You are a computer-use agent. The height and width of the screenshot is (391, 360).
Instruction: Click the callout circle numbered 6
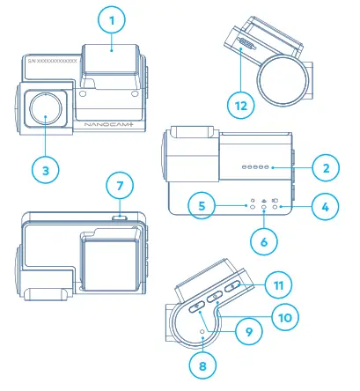click(x=263, y=238)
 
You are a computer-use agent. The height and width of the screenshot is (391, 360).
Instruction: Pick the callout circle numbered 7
click(x=121, y=187)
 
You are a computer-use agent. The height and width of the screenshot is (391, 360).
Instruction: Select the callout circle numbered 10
click(x=284, y=315)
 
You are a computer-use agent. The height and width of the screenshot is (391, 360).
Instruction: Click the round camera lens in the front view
click(x=45, y=111)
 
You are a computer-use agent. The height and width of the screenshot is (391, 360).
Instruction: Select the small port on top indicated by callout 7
click(x=121, y=214)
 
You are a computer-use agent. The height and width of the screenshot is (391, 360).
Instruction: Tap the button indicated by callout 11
click(x=233, y=287)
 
